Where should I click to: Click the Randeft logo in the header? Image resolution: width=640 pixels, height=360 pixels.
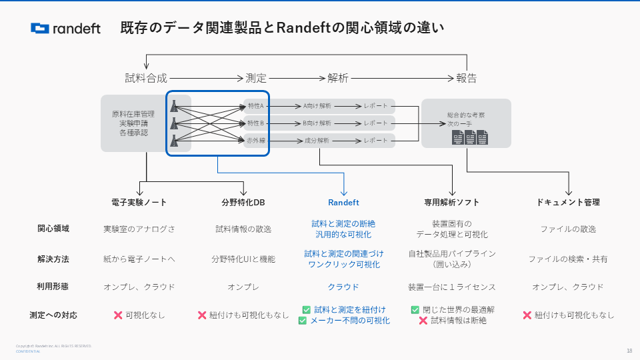pos(65,28)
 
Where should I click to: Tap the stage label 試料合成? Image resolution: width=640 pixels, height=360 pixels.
pos(146,78)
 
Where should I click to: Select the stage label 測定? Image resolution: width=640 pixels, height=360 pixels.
pos(256,78)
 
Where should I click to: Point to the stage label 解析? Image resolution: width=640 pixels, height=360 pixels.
pos(338,78)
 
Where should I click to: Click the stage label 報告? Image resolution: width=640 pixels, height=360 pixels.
pos(467,78)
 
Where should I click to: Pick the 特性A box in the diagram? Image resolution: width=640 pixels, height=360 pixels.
pos(256,106)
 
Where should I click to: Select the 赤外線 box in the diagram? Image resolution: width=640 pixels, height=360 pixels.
pos(256,141)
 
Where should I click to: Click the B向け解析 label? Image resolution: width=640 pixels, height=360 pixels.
pos(317,123)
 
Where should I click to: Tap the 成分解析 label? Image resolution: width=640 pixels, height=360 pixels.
pos(317,141)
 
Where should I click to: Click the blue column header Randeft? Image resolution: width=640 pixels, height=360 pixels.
pos(343,203)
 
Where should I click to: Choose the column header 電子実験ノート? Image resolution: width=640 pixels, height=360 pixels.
pos(139,203)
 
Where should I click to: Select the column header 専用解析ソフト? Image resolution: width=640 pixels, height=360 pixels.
pos(452,203)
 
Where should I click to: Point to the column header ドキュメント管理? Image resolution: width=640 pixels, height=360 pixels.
pos(569,203)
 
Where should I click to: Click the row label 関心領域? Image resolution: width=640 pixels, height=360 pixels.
pos(53,229)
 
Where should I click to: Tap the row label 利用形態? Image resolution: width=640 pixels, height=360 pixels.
pos(53,287)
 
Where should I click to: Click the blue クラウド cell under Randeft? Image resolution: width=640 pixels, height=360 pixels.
pos(343,287)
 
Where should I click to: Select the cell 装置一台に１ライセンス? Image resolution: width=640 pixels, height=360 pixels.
pos(452,287)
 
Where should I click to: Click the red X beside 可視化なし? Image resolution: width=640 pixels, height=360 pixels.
pos(118,315)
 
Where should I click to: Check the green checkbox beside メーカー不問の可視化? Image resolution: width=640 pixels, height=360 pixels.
pos(303,321)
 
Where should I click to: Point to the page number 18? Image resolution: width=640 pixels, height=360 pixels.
pos(629,351)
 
